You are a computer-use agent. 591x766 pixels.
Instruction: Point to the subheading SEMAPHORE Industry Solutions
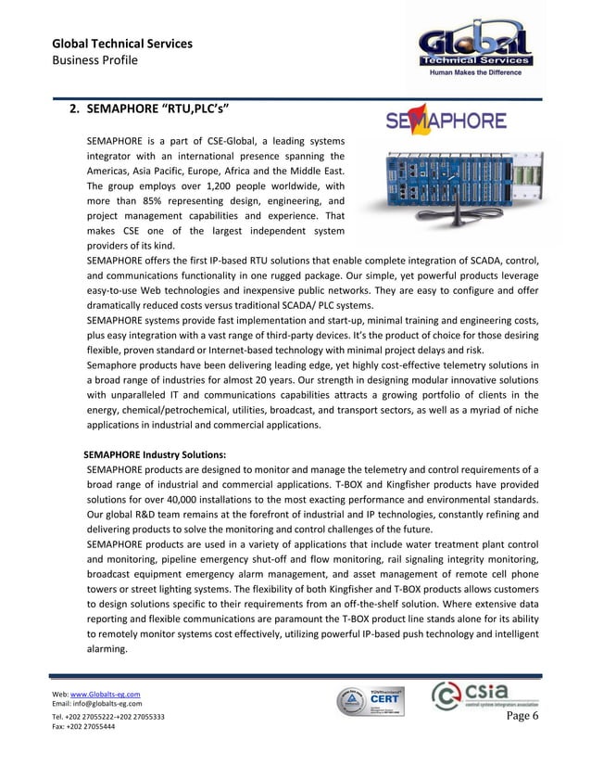click(155, 454)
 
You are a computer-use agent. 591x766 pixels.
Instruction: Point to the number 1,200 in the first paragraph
click(222, 185)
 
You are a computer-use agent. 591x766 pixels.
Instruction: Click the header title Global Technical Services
click(121, 44)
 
